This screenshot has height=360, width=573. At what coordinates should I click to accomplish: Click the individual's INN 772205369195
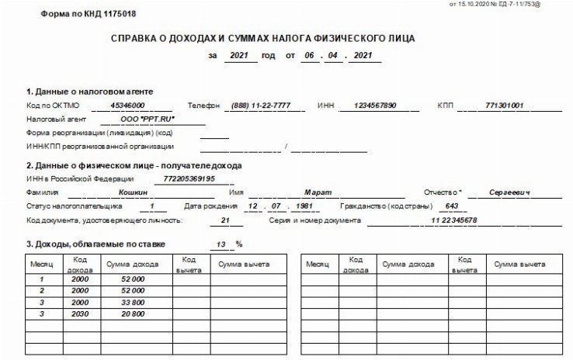click(x=189, y=178)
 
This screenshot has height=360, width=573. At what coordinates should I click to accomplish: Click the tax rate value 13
click(x=222, y=244)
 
